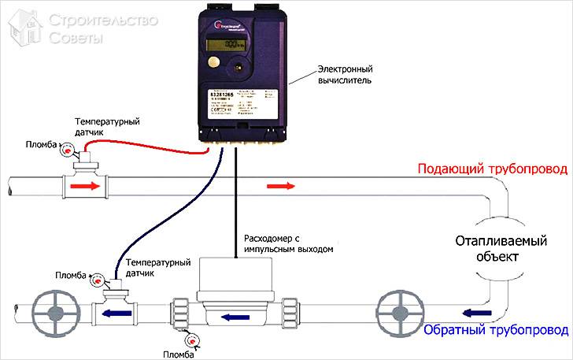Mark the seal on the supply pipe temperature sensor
pyautogui.click(x=65, y=155)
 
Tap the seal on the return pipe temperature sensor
pyautogui.click(x=96, y=280)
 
